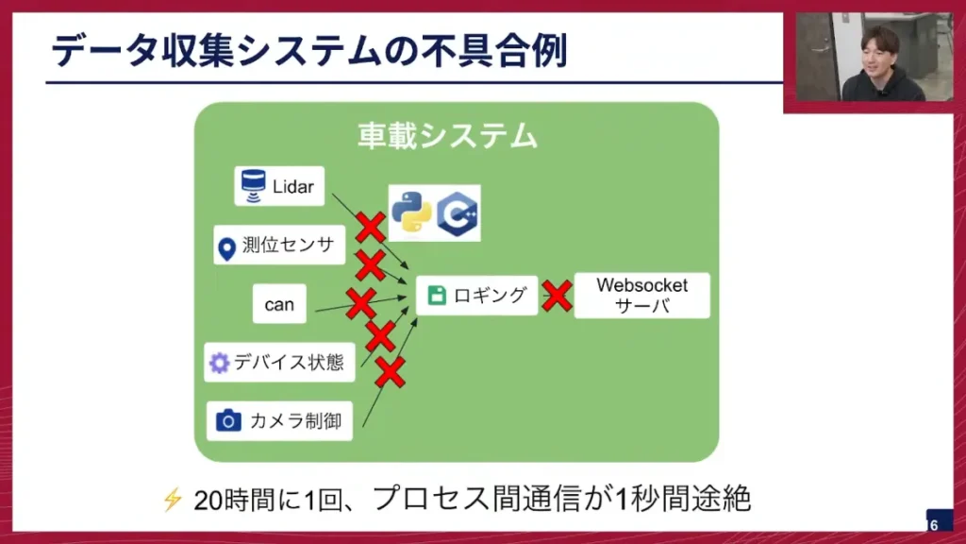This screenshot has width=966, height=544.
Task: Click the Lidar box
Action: click(279, 186)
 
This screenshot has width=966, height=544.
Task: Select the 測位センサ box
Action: click(279, 246)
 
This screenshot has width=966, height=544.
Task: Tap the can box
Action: click(279, 304)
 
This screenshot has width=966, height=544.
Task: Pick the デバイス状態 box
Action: click(279, 363)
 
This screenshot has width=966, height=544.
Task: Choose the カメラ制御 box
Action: click(279, 421)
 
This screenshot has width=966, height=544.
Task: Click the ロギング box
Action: click(477, 296)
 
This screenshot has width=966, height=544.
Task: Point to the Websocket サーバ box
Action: click(641, 296)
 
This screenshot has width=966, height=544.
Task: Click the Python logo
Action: click(411, 212)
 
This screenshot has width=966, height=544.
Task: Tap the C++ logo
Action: click(458, 212)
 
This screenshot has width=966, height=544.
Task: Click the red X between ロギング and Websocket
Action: click(557, 296)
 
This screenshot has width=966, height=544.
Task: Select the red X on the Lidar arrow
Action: click(370, 227)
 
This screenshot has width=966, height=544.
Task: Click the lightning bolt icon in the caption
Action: click(173, 499)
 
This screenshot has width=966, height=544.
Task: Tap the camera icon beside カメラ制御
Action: click(227, 421)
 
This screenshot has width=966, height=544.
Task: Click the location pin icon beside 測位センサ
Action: click(226, 247)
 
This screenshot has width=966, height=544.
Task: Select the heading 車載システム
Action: click(447, 136)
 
